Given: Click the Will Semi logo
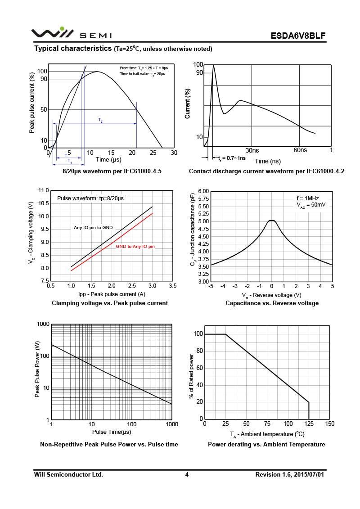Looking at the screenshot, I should (x=71, y=33).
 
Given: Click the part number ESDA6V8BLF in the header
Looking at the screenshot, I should (x=298, y=36).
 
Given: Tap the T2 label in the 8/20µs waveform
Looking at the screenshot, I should (x=100, y=120).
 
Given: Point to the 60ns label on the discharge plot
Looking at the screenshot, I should (x=300, y=150).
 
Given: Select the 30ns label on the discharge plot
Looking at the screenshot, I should (x=252, y=150).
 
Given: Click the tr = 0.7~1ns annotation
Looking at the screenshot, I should (x=232, y=158).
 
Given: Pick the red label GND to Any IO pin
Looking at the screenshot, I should (x=135, y=247).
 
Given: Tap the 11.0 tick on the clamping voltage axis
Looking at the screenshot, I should (x=43, y=191).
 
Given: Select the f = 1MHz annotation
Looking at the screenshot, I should (x=307, y=198).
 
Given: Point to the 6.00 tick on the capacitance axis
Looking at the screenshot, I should (x=203, y=191).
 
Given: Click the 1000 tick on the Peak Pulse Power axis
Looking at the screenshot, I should (x=43, y=324).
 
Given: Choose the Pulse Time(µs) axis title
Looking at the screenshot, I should (x=112, y=432).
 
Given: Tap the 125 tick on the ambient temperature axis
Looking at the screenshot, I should (x=309, y=423).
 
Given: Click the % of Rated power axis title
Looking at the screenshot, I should (x=191, y=376).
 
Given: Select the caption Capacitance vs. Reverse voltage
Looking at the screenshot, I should (x=272, y=303).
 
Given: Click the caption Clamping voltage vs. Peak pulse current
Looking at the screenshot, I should (x=110, y=303).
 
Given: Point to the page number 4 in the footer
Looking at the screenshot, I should (x=187, y=474).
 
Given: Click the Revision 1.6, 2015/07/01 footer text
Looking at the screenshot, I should (x=290, y=474).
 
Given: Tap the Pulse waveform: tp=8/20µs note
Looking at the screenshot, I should (x=90, y=198).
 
